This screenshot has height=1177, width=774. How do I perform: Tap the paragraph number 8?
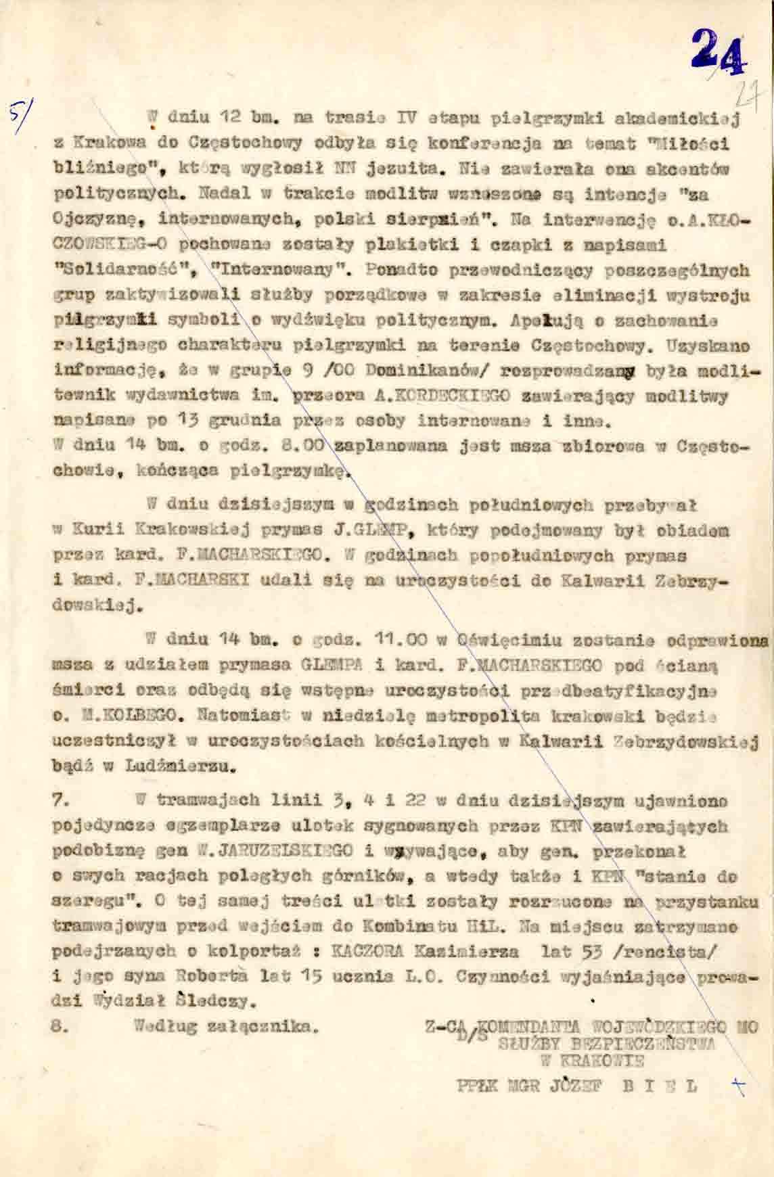coord(59,1025)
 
